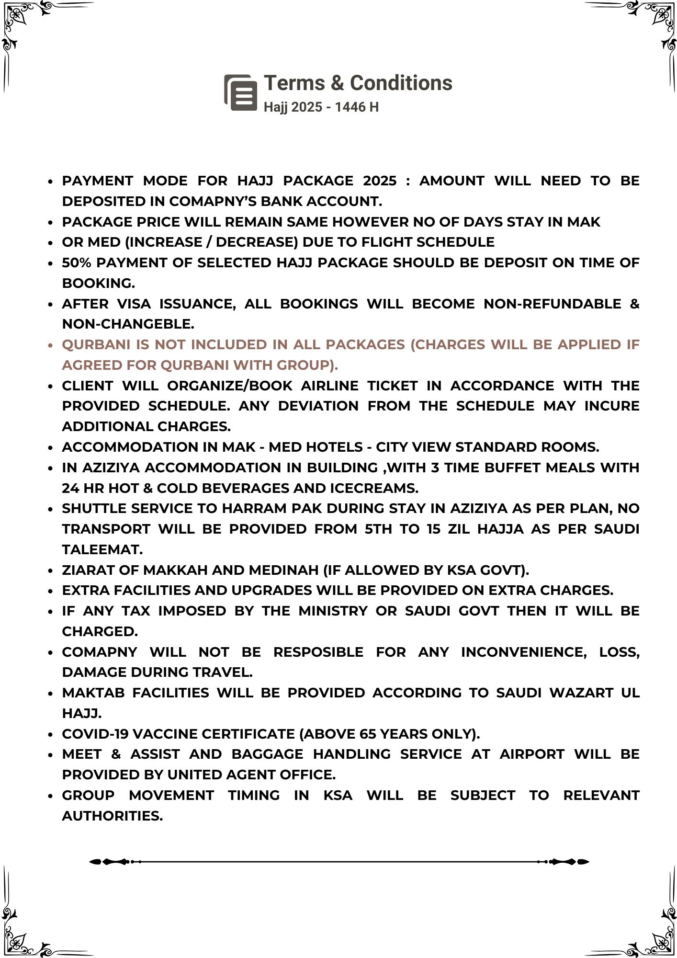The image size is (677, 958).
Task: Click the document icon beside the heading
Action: [x=241, y=92]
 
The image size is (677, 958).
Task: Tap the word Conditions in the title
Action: [x=401, y=83]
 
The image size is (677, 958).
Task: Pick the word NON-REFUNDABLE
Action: [x=552, y=304]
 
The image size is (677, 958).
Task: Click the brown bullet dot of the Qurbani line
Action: [x=50, y=345]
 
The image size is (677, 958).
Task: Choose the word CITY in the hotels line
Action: [x=393, y=447]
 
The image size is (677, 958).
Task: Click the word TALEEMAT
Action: [x=102, y=549]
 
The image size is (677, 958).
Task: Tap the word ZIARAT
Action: [x=88, y=570]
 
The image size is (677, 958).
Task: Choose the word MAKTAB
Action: [x=93, y=693]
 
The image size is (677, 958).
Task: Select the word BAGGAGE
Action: [x=267, y=754]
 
